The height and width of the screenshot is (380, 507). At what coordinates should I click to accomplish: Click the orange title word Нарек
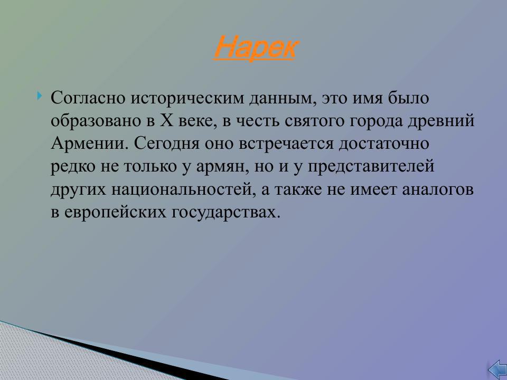[254, 48]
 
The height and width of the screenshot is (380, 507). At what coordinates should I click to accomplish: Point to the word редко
[73, 167]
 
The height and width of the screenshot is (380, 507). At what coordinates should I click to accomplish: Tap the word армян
[217, 167]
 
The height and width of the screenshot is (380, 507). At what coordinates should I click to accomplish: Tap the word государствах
[224, 212]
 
